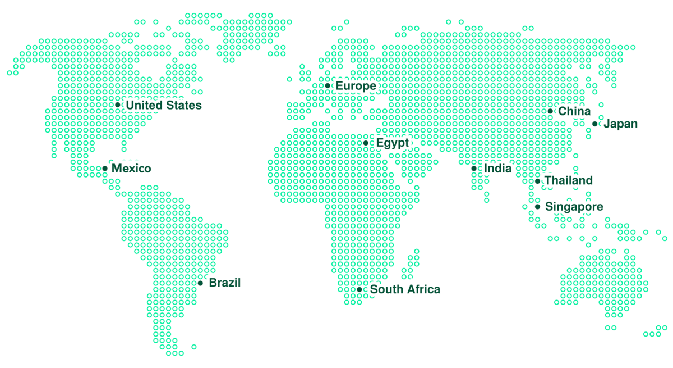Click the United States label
coord(163,105)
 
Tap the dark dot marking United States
coord(118,105)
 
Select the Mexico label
coord(131,169)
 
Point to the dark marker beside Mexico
coord(105,169)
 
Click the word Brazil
coord(224,283)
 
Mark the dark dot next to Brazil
coord(200,283)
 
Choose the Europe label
coord(356,86)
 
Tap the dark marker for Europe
coord(328,85)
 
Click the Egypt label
coord(393,143)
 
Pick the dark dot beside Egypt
coord(366,143)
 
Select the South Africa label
coord(405,290)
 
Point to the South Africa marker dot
coord(359,290)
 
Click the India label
coord(497,169)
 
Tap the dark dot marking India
coord(474,169)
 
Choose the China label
coord(574,112)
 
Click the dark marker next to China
coord(550,111)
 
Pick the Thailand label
coord(568,181)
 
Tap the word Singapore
coord(574,207)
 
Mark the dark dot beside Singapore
coord(537,207)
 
